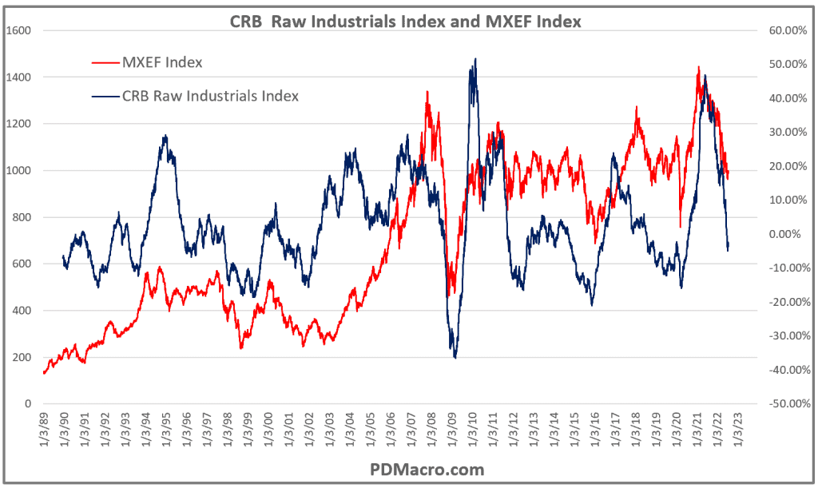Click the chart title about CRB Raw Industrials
point(409,22)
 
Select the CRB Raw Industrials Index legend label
point(210,96)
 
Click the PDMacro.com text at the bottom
point(409,470)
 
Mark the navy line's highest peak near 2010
point(475,58)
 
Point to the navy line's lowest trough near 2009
point(455,357)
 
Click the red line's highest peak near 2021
point(699,67)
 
